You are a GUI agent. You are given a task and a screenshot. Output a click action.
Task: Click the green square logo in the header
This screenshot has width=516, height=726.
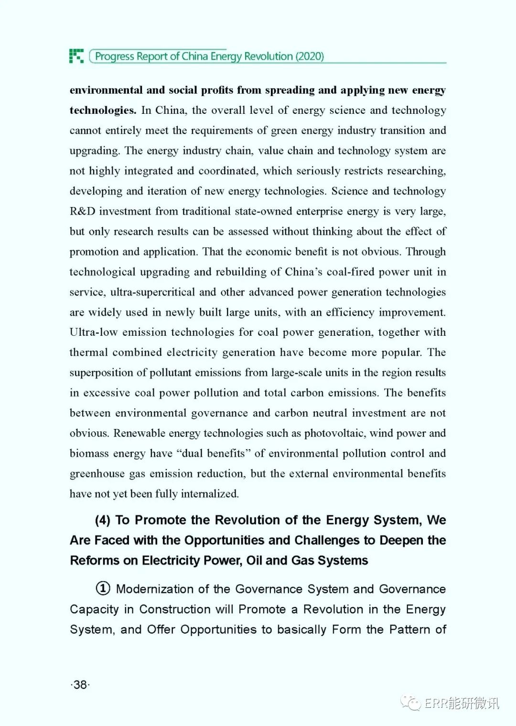click(76, 56)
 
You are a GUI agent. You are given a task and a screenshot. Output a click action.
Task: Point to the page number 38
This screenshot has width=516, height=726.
click(80, 684)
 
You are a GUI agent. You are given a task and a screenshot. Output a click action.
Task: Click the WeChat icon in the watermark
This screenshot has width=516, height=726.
click(410, 703)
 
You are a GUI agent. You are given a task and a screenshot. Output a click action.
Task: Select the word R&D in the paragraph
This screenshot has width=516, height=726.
click(83, 211)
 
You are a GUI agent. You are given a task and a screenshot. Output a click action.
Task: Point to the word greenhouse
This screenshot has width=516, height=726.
click(97, 474)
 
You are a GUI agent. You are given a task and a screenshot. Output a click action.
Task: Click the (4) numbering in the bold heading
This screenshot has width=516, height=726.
click(103, 520)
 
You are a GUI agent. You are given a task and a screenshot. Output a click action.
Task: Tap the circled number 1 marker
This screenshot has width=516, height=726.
click(103, 588)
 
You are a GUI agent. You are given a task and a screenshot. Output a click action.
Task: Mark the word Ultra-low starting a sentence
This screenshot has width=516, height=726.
click(94, 332)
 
